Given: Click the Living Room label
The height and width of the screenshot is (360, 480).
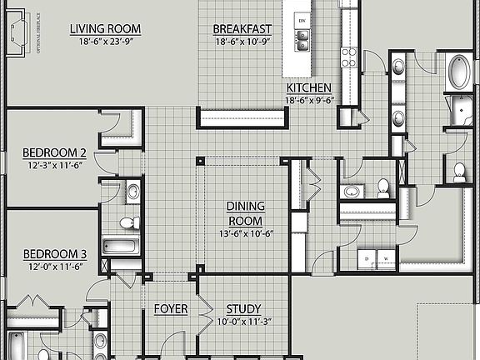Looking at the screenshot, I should tap(105, 29).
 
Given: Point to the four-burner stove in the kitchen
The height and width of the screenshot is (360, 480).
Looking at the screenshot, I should tap(349, 57).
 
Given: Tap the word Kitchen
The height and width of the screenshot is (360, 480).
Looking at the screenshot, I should tap(309, 87).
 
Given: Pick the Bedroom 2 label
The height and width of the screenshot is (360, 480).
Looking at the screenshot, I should tap(54, 152).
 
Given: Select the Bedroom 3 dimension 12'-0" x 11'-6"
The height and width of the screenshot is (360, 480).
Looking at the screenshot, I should tap(54, 266).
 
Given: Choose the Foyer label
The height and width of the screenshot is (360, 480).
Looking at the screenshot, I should tap(170, 308).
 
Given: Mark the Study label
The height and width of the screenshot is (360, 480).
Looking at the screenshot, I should tap(244, 308).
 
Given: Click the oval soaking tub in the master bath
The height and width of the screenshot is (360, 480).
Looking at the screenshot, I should tap(457, 72).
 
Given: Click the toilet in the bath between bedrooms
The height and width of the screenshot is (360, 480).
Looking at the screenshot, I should tap(127, 223).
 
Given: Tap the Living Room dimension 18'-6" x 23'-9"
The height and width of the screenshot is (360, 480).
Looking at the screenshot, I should tap(105, 41).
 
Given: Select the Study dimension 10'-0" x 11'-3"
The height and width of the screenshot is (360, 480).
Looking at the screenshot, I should tap(244, 321).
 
